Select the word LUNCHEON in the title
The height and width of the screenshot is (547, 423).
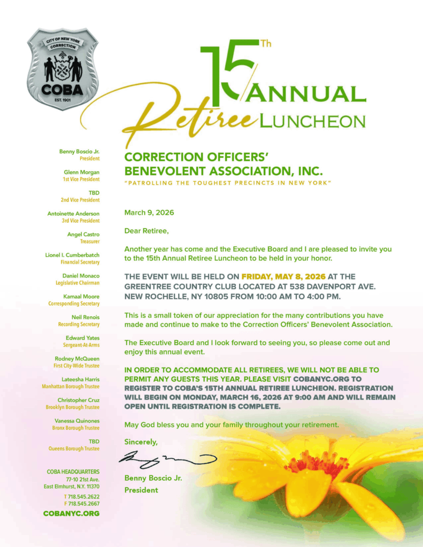coord(312,121)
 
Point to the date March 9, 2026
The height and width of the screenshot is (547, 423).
coord(149,213)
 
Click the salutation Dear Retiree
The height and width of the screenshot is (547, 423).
coord(146,231)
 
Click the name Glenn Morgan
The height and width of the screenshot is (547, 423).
coord(81,172)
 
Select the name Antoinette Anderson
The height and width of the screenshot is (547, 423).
coord(73,214)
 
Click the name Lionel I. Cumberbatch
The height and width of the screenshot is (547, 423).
coord(72,255)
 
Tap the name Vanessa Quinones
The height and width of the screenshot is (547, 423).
coord(77,421)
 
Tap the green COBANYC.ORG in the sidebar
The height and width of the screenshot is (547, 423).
coord(71,514)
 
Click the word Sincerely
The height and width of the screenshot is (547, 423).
coord(141,442)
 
